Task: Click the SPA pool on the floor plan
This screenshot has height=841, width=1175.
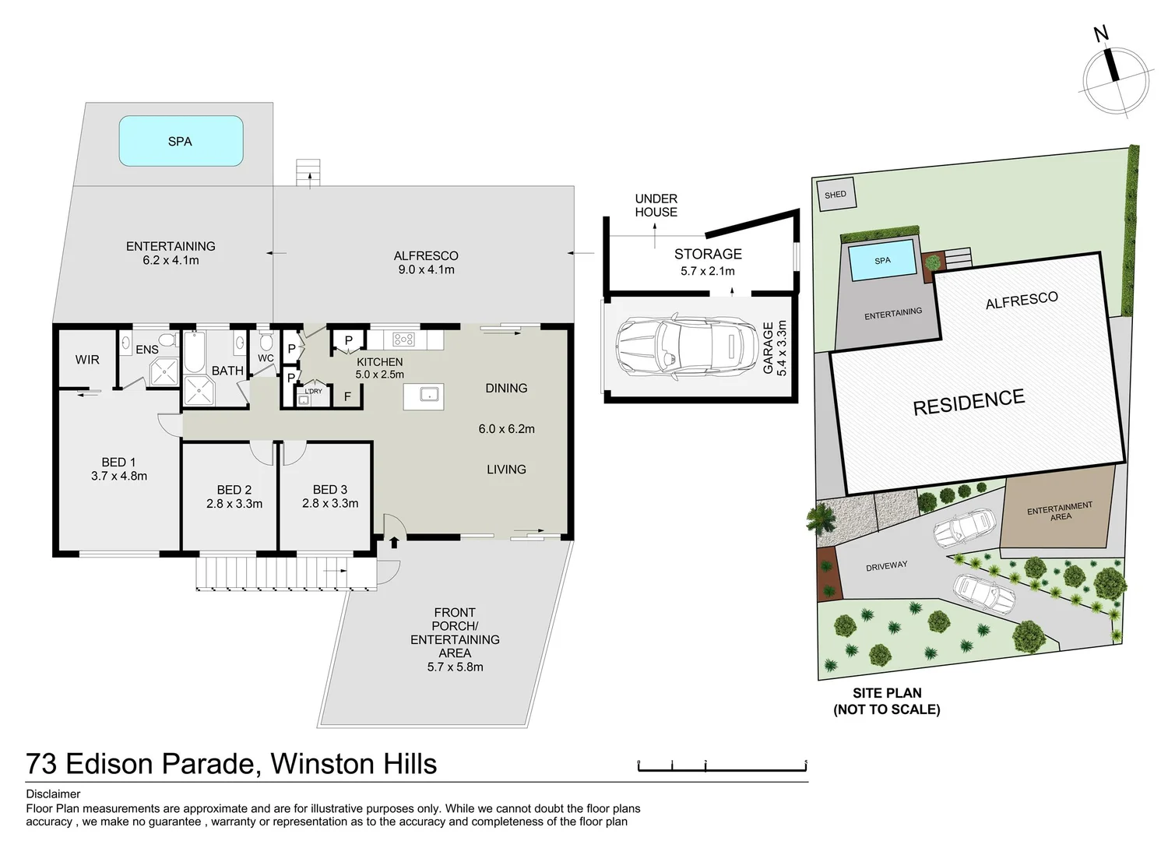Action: coord(181,141)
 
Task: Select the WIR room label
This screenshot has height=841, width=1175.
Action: coord(87,360)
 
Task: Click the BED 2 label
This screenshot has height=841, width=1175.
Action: coord(234,490)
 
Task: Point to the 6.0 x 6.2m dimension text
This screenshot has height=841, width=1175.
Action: coord(506,429)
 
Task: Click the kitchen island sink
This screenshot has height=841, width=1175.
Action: coord(424,396)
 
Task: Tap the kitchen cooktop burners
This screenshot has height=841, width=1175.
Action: coord(403,340)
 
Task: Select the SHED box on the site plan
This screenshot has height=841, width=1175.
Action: coord(836,195)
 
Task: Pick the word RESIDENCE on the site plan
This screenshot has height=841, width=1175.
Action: coord(969,403)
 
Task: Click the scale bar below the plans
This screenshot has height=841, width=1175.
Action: coord(722,768)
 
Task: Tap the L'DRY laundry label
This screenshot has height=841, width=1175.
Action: coord(313,392)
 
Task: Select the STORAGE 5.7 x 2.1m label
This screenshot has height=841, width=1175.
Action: coord(708,262)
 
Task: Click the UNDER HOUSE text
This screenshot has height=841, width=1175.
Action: coord(656,206)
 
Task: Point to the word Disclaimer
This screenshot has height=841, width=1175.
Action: coord(53,794)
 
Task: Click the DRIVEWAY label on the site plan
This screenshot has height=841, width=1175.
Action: coord(886,566)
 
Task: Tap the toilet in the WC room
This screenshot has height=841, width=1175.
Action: coord(266,342)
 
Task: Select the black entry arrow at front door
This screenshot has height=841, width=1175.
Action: coord(394,542)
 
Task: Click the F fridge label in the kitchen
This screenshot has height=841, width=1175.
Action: coord(347,397)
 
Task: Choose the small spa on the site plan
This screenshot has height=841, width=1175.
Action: coord(882,261)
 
